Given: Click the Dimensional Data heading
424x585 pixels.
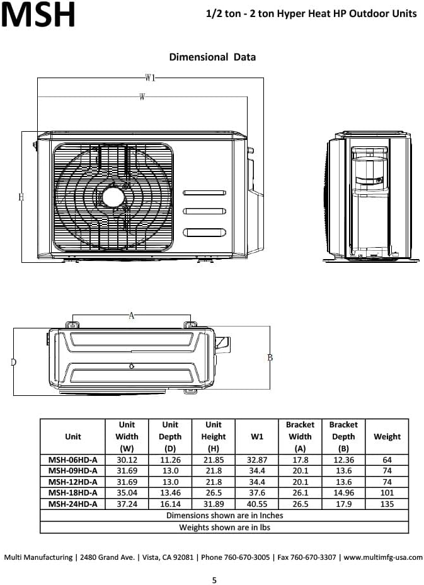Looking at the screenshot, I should [212, 57].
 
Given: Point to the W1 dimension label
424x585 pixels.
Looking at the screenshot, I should [150, 78].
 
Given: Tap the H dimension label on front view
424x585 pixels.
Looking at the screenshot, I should [21, 197].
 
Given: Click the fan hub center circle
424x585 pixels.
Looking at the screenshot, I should [114, 197].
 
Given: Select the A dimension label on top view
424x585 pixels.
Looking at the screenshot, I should [131, 316].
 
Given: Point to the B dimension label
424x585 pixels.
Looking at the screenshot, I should [270, 357].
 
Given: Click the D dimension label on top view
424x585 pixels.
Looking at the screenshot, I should [13, 362].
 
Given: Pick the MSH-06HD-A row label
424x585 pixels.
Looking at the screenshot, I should [73, 460].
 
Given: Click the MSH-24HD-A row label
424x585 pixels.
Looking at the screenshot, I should [73, 504].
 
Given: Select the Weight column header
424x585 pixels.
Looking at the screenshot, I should [387, 436].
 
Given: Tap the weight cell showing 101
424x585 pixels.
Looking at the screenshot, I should [387, 492].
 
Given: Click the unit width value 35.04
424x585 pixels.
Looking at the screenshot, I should [127, 492].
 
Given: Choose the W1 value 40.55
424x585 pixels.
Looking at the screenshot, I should [257, 504].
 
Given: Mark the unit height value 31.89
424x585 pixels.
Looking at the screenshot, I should [214, 504].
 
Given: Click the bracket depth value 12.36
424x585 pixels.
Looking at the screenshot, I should [343, 460].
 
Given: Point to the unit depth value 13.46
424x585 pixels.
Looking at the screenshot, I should [170, 492].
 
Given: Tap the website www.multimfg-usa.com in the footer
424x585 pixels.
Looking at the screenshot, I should [383, 557].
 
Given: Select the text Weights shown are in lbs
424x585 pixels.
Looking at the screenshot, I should [224, 527].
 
